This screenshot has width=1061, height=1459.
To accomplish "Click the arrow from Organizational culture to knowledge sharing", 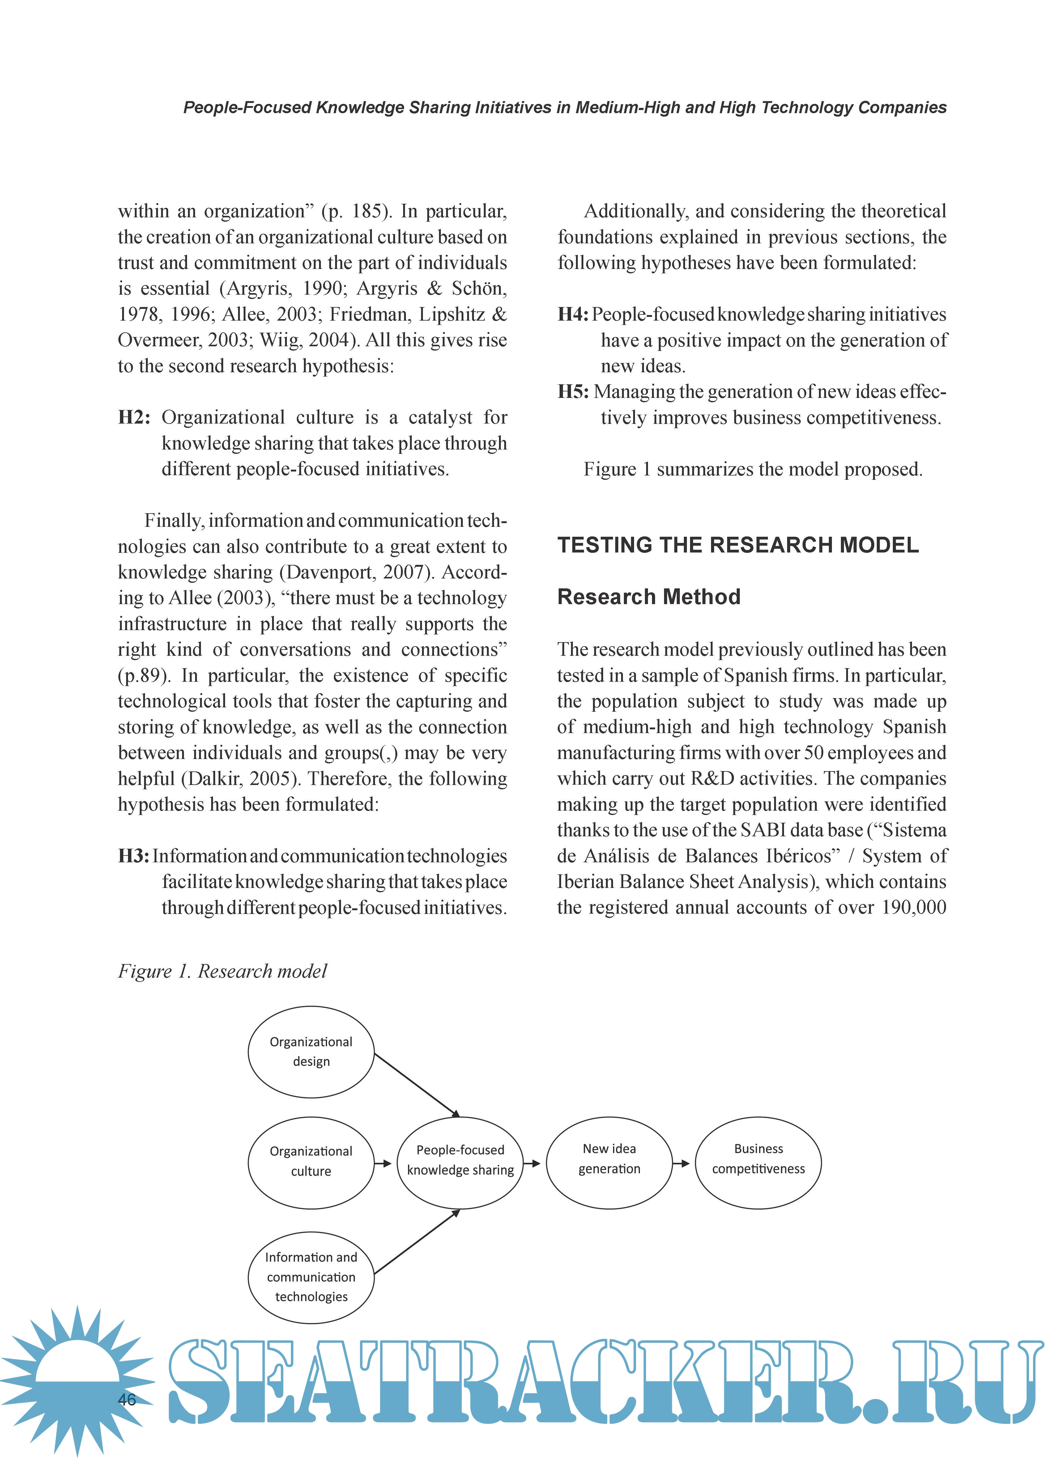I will click(x=383, y=1163).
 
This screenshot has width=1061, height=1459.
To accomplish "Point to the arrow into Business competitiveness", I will click(x=681, y=1163).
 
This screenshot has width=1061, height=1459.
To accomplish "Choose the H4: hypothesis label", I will click(x=573, y=314).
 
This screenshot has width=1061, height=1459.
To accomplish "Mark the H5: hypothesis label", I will click(x=573, y=392).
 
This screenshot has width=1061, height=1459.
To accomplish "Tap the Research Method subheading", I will click(x=649, y=597).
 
